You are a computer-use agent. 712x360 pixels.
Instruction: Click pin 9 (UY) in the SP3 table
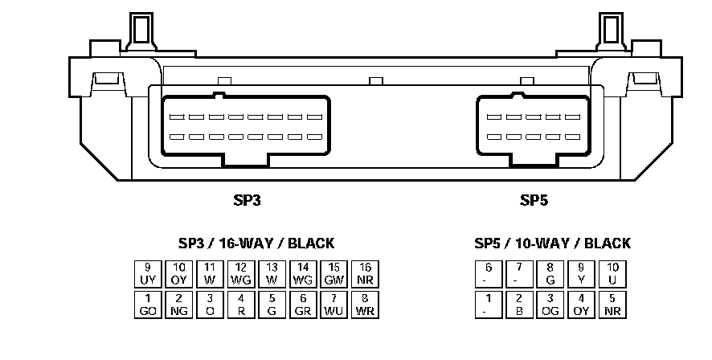(148, 273)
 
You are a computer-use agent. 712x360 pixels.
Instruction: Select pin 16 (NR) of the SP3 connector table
(366, 273)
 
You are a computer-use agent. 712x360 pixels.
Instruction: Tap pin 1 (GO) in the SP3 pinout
(148, 304)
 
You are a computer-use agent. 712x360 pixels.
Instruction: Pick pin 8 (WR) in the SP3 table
(366, 304)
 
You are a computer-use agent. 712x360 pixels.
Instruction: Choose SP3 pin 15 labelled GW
(334, 273)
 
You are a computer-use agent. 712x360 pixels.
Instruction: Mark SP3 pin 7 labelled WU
(334, 304)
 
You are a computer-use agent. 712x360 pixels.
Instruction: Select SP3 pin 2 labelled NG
(179, 304)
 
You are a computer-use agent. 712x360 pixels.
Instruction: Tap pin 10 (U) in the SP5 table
(612, 273)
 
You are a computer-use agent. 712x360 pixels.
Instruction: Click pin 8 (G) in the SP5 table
(550, 273)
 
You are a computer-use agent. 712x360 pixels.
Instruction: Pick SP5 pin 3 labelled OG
(550, 304)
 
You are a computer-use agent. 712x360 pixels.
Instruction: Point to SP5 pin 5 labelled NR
(612, 304)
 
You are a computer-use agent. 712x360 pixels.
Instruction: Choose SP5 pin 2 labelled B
(519, 304)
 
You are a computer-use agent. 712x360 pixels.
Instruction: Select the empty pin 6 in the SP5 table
(488, 273)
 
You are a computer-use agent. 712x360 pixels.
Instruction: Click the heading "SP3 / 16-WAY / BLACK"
(256, 243)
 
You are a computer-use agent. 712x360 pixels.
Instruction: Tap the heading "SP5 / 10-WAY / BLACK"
(552, 243)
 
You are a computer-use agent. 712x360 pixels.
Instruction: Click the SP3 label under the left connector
(247, 200)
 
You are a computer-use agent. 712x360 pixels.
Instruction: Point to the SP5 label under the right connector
(534, 200)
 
